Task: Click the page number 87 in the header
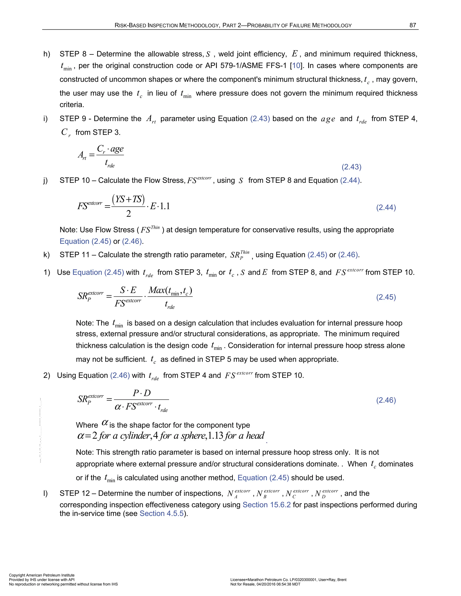(413, 25)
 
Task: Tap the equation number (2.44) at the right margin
(386, 207)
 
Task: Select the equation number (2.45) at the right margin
(386, 297)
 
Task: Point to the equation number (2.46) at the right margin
(386, 400)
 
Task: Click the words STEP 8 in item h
(73, 54)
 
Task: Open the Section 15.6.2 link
(267, 505)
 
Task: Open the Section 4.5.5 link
(162, 514)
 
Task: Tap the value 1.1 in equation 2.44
(165, 206)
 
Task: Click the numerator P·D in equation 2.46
(141, 393)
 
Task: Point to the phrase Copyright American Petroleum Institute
(41, 575)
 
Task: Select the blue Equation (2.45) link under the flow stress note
(85, 241)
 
